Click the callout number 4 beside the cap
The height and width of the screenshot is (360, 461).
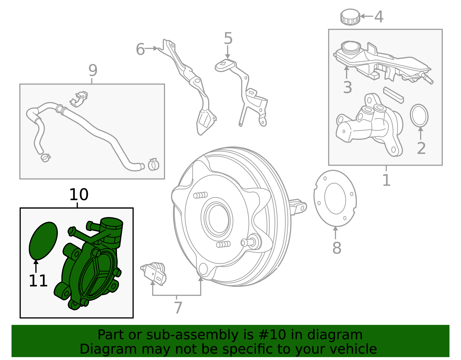379,17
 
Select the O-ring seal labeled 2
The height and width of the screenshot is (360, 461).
419,115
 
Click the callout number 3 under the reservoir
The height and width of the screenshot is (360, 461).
347,87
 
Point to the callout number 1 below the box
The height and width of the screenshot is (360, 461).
386,180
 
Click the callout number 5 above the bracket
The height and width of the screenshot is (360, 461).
228,39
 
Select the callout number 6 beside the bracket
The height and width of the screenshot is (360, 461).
140,49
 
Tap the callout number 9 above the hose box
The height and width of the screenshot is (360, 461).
93,70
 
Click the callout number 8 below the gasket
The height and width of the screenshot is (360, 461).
337,248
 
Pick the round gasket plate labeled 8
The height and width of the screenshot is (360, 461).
335,198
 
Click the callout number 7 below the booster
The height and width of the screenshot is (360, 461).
178,308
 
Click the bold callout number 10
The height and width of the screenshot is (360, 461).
79,195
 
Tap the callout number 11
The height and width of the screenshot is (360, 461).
38,281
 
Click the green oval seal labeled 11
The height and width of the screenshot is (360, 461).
43,240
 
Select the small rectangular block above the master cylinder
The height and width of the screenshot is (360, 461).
393,95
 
